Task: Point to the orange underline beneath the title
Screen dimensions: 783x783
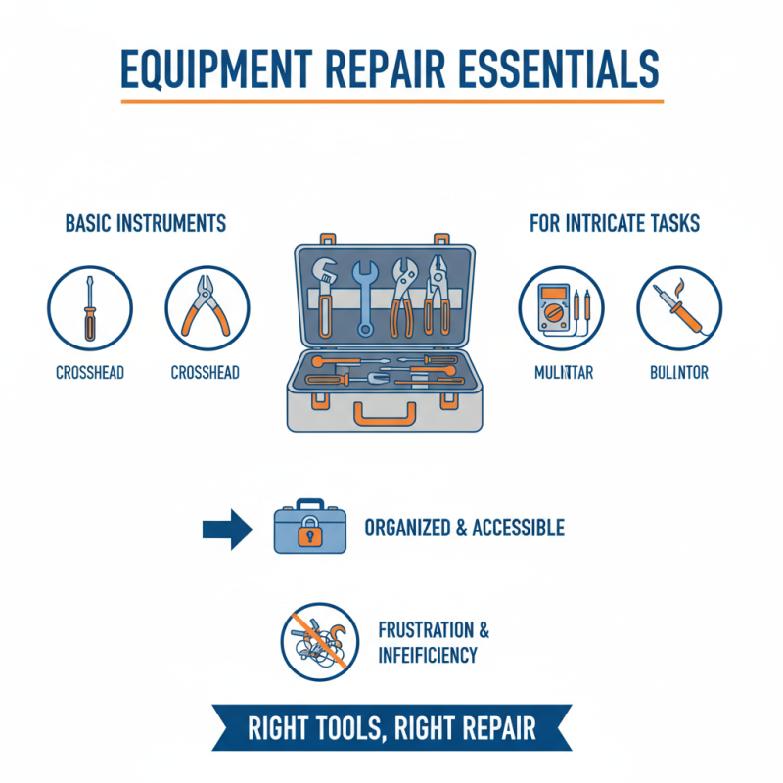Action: tap(391, 100)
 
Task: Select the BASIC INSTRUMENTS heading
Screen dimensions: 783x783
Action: tap(145, 224)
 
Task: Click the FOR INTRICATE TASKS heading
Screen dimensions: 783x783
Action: tap(615, 224)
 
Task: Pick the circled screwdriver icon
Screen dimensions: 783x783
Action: tap(89, 306)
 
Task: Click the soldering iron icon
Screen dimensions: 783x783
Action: tap(678, 306)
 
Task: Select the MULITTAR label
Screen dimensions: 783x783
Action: tap(565, 373)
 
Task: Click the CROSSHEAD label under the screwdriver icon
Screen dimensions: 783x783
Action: tap(89, 373)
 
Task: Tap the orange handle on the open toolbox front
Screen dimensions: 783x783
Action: tap(384, 415)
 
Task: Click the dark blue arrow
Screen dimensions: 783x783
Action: tap(227, 529)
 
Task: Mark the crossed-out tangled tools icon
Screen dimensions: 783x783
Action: tap(315, 640)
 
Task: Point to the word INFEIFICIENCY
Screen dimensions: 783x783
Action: tap(427, 655)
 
